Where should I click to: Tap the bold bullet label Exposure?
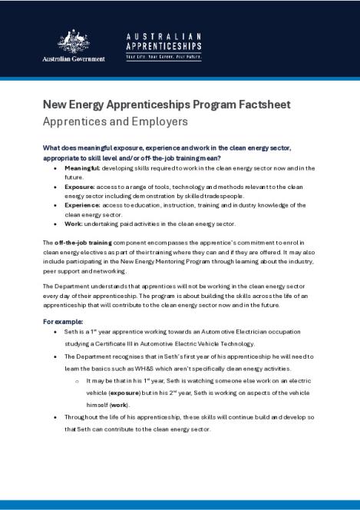[79, 186]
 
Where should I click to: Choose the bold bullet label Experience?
[82, 205]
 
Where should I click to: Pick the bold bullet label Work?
[74, 224]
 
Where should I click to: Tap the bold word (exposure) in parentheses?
[134, 392]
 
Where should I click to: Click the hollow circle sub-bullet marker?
[77, 380]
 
